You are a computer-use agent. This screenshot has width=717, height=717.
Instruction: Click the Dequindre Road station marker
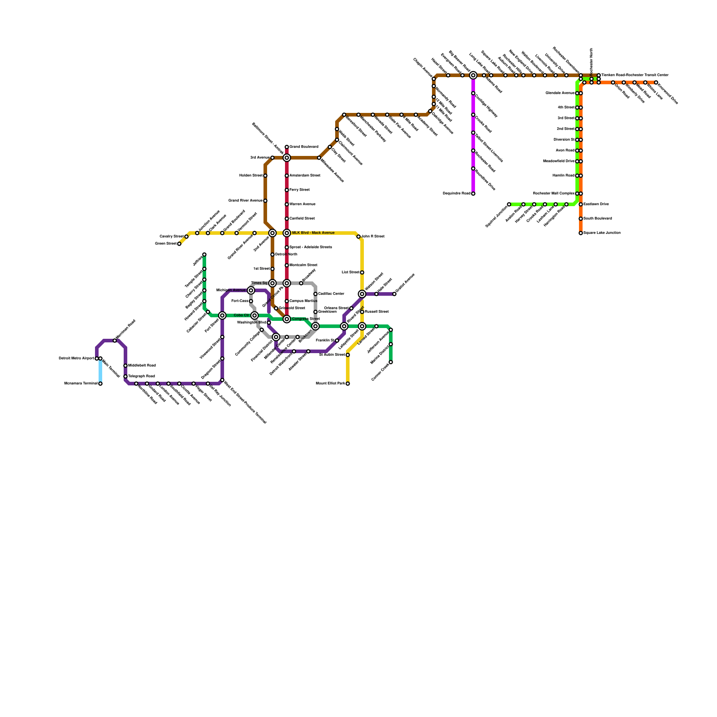tap(473, 194)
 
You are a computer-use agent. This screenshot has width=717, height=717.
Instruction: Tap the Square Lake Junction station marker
tap(581, 233)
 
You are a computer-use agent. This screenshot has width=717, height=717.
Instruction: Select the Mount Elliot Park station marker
tap(348, 384)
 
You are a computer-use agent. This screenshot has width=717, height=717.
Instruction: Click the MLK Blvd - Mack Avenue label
tap(313, 233)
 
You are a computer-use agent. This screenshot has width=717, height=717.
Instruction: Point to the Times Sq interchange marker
tap(272, 283)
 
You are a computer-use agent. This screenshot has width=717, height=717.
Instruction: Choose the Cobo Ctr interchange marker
tap(255, 315)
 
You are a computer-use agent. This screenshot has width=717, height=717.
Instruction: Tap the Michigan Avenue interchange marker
tap(251, 290)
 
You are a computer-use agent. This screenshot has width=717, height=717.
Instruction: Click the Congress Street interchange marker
tap(287, 319)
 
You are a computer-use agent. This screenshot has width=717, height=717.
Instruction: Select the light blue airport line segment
tap(100, 371)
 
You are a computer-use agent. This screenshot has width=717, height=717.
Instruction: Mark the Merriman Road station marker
tap(115, 341)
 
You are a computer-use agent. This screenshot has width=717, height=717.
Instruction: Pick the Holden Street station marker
tap(265, 176)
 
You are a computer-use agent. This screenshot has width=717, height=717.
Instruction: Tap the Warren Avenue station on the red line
tap(287, 204)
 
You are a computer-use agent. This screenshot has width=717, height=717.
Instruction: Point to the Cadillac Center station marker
tap(315, 294)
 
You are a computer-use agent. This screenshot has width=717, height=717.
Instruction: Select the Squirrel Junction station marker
tap(509, 204)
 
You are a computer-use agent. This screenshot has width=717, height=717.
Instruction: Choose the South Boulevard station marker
tap(581, 219)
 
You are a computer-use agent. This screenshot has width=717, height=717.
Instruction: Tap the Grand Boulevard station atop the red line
tap(287, 147)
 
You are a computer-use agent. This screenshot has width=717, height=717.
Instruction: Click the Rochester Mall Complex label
tap(553, 194)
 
